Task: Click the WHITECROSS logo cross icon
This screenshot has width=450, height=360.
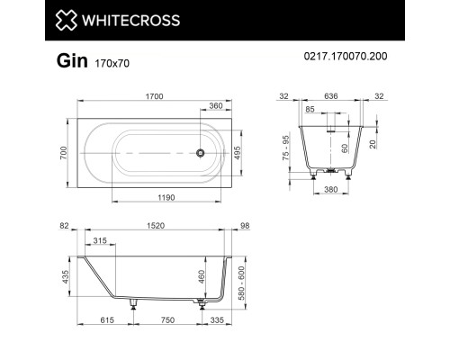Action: [x=68, y=20]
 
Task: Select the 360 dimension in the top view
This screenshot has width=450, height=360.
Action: [x=217, y=106]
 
